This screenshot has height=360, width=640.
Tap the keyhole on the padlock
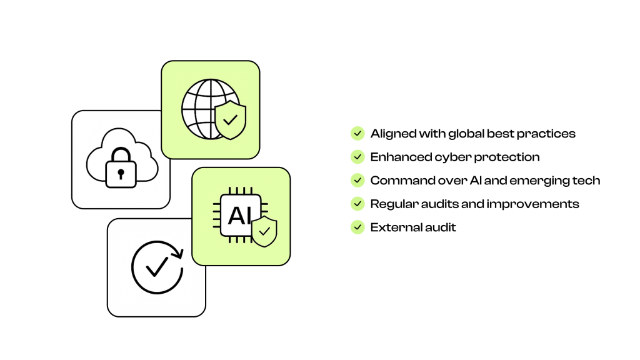pos(121,174)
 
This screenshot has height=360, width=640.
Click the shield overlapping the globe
pos(231,119)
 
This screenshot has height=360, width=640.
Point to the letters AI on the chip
pos(239,216)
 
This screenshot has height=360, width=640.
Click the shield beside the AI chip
pos(264,231)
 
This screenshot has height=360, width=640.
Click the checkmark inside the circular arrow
pos(157,266)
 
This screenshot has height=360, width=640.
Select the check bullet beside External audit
pos(357,227)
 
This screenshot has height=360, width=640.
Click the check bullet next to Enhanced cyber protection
pos(357,157)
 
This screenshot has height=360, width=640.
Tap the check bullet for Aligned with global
pos(357,134)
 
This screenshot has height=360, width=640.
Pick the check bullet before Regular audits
pos(357,204)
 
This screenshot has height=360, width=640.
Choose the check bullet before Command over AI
pos(357,180)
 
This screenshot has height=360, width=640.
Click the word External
pos(390,227)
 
